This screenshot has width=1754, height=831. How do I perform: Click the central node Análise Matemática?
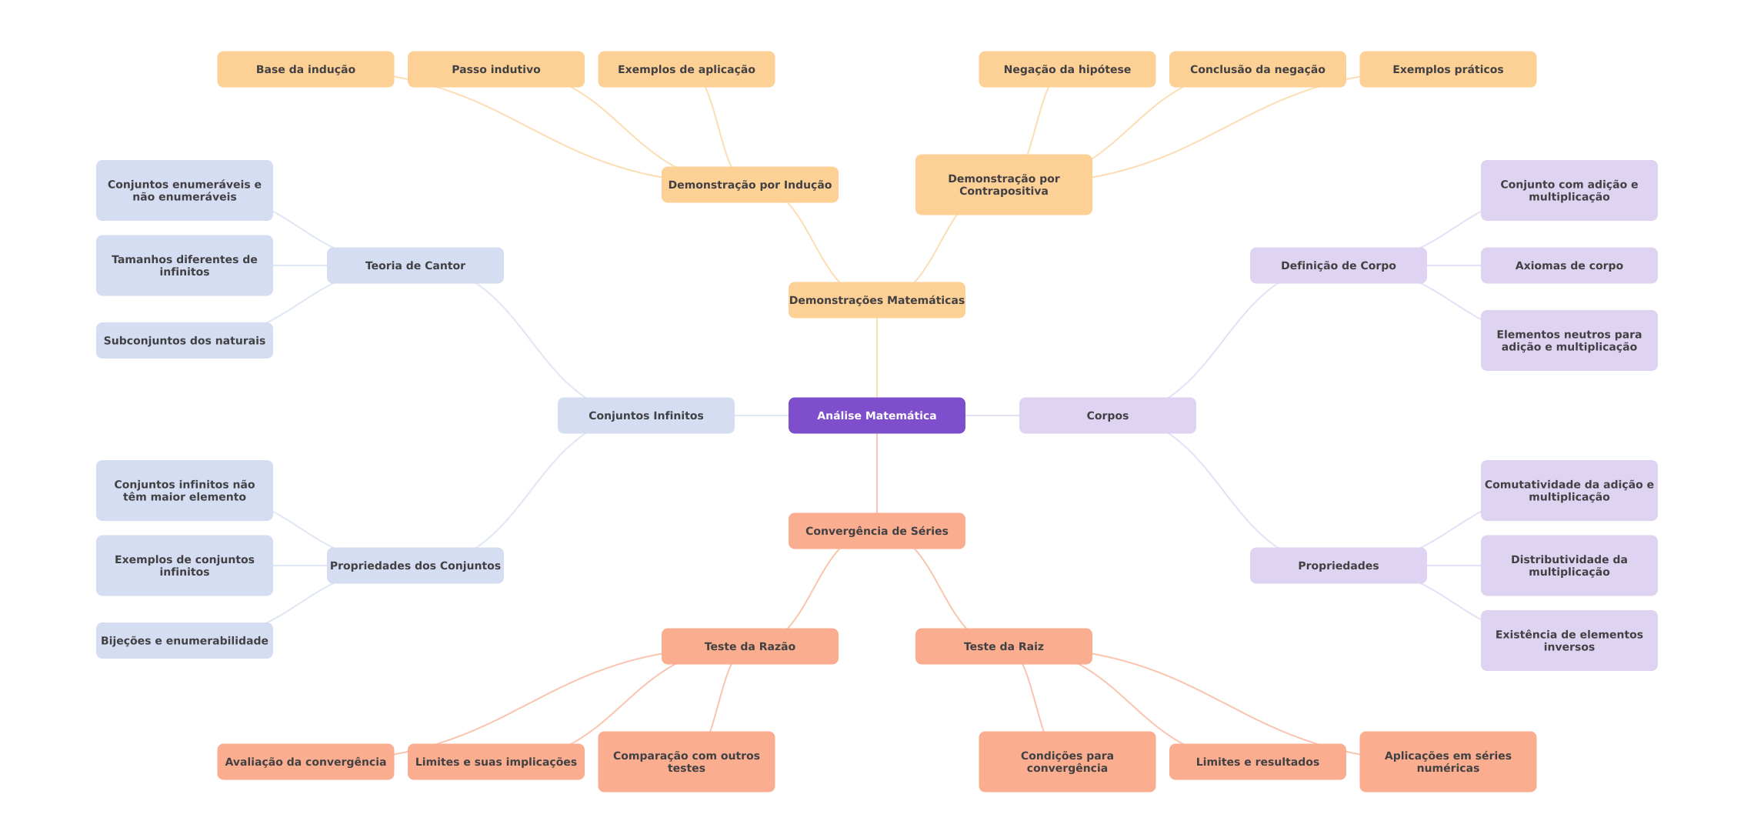click(876, 415)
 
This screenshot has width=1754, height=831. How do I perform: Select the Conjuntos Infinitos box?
click(645, 415)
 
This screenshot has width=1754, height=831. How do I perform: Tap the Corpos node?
click(1107, 415)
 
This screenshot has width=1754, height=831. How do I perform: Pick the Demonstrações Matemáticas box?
click(876, 300)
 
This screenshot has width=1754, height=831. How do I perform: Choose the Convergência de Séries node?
click(876, 531)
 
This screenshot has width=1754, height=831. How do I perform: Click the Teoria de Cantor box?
click(415, 265)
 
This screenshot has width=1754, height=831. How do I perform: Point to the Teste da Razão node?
click(749, 646)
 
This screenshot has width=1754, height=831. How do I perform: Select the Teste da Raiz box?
click(1003, 646)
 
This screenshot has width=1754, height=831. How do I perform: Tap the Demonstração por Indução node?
click(749, 185)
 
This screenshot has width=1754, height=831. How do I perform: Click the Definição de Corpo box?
click(1338, 265)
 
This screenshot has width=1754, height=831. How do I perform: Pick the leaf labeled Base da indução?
click(305, 69)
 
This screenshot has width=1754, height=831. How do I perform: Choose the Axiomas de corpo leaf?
click(1569, 265)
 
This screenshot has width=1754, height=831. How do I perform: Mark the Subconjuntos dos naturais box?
click(184, 340)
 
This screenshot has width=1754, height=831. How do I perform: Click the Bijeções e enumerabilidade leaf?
click(184, 640)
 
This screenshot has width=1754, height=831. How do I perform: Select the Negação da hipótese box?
click(1067, 69)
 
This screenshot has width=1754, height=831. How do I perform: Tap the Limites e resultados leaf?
click(1257, 762)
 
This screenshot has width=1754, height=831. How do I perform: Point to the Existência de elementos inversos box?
click(1569, 640)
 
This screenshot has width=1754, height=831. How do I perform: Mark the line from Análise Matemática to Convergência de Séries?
click(877, 473)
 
